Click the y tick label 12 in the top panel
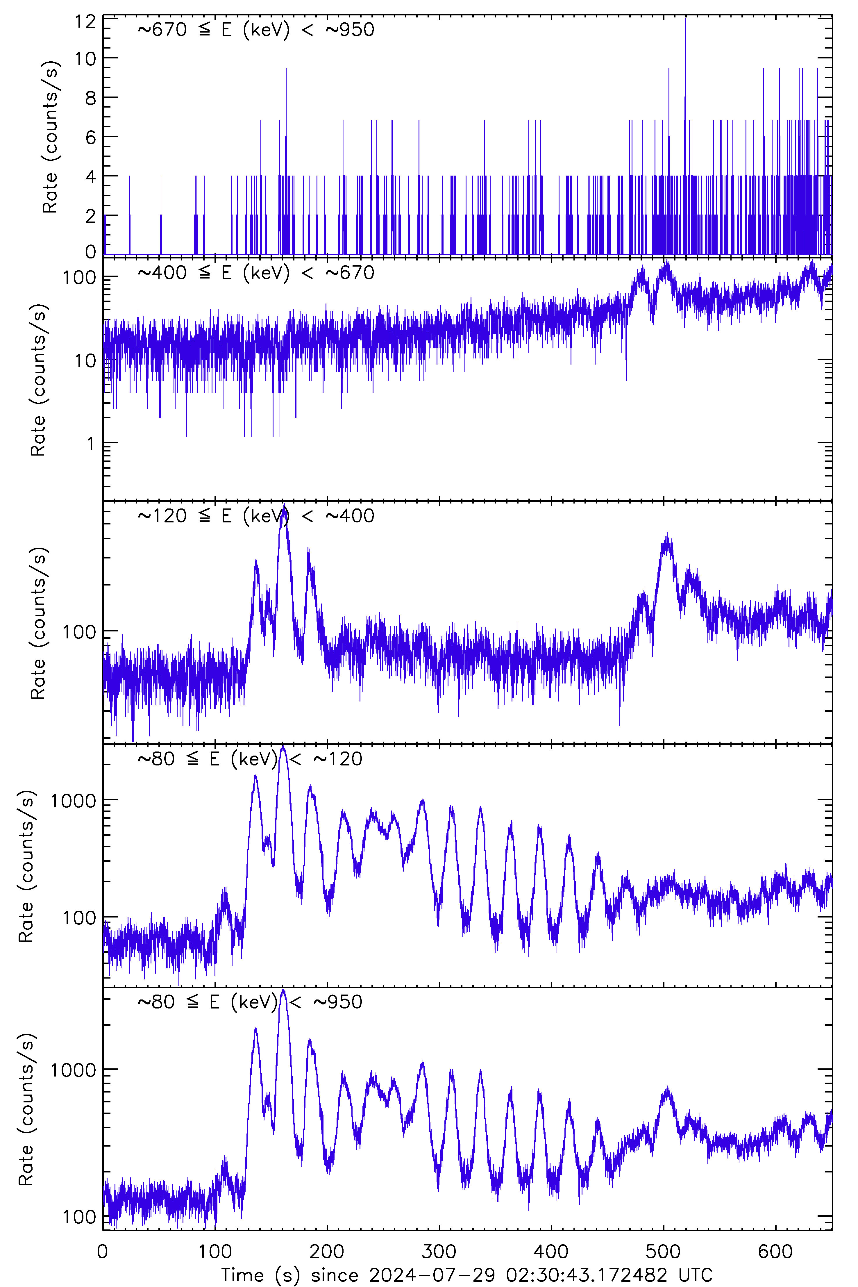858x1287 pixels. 85,22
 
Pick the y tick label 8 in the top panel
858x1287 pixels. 90,98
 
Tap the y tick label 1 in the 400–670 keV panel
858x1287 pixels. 91,444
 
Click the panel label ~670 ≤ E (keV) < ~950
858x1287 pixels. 255,30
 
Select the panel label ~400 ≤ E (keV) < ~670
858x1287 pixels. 255,272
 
